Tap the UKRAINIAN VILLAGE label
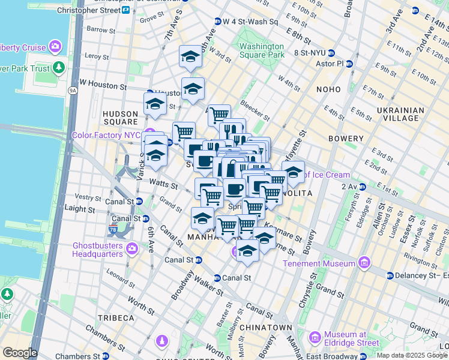click(x=400, y=114)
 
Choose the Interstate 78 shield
click(x=113, y=230)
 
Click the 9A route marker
click(x=73, y=91)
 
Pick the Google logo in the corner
click(x=20, y=353)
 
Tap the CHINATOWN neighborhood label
click(x=265, y=328)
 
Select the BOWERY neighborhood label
click(x=346, y=139)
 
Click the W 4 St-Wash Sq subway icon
click(x=218, y=22)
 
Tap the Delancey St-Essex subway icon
click(x=390, y=276)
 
